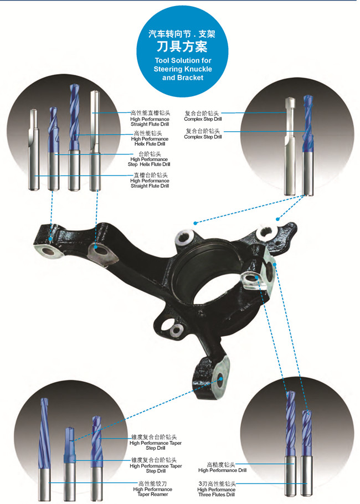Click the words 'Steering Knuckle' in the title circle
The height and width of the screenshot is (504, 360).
(x=183, y=69)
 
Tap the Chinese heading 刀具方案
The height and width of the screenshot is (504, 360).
(x=182, y=47)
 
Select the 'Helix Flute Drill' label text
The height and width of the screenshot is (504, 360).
(x=150, y=144)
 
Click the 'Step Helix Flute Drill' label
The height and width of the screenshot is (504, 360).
(x=149, y=164)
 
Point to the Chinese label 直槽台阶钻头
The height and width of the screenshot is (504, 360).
(x=151, y=175)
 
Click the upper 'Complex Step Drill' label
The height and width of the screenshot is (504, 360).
(x=203, y=119)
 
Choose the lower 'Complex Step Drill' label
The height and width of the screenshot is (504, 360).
(x=203, y=137)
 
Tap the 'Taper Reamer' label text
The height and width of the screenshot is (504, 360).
(x=153, y=494)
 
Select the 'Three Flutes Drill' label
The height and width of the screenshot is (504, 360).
(x=217, y=495)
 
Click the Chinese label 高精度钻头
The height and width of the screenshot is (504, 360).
(x=221, y=465)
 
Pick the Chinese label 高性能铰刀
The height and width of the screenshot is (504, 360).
(x=153, y=484)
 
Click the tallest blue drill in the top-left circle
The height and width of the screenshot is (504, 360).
(x=74, y=137)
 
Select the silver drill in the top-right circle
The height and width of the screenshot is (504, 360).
(x=290, y=146)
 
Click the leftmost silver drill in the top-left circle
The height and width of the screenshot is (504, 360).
(x=34, y=150)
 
